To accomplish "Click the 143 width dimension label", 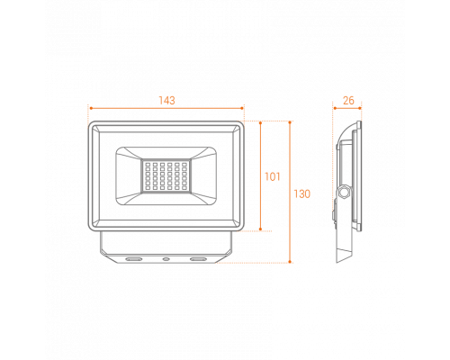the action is tap(166, 101).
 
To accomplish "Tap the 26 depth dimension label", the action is tap(348, 101).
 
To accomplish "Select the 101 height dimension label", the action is tap(273, 176).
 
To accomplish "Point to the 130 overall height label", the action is tap(301, 194).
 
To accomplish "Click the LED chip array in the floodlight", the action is tap(166, 176).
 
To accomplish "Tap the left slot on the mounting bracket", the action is tap(133, 258).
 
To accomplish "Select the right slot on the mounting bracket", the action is tap(198, 258).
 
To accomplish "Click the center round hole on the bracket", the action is tap(166, 258).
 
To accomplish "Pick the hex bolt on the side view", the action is tap(343, 192).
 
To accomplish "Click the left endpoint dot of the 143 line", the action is tap(90, 108).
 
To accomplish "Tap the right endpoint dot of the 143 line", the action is tap(242, 108).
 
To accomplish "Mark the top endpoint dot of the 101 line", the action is tap(260, 122).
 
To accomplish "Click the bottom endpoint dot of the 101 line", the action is tap(260, 229).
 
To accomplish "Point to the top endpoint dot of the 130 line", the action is tap(290, 122).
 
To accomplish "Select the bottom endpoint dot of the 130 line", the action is tap(290, 262).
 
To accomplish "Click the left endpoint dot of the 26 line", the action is tap(334, 108).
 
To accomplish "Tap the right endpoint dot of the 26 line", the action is tap(360, 108).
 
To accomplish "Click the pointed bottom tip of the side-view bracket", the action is tap(337, 263).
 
